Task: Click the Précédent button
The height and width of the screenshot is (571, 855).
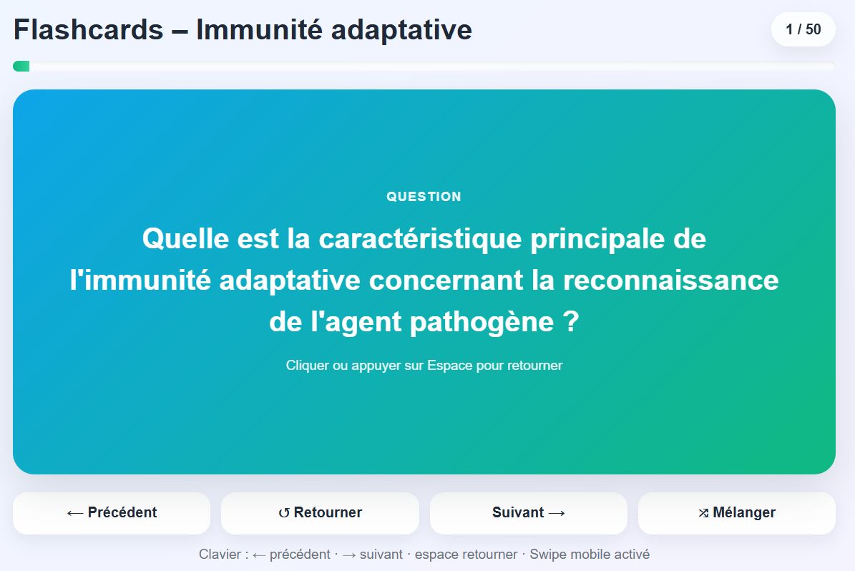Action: point(112,513)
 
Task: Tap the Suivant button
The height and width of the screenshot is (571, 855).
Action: point(528,513)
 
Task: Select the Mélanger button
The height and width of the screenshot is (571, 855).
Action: point(737,513)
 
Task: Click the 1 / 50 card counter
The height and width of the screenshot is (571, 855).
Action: point(803,29)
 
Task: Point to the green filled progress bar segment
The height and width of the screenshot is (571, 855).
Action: point(21,67)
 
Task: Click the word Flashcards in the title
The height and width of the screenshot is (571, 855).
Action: point(88,29)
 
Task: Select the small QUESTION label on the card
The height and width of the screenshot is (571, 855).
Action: point(424,197)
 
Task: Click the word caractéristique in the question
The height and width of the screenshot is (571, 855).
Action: point(421,239)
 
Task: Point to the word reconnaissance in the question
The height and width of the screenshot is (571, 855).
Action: point(670,280)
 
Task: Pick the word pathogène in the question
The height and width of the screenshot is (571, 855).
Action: point(482,322)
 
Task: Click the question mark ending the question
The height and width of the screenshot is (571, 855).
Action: point(571,321)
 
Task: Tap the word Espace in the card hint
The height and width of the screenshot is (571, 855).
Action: point(450,366)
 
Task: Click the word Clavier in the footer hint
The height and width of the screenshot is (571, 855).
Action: point(220,555)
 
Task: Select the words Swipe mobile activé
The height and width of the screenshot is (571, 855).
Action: point(590,555)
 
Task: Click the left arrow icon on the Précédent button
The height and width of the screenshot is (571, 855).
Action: point(75,514)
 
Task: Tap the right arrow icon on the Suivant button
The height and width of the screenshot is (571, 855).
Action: point(557,513)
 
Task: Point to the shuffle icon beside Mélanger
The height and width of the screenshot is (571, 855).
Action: point(703,513)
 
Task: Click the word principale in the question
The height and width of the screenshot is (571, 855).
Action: point(597,240)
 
